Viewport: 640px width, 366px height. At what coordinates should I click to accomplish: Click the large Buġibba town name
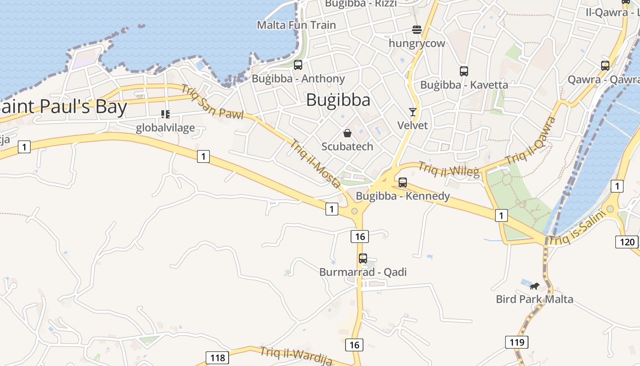coord(338,100)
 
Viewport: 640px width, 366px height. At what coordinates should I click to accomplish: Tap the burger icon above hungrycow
coord(417,30)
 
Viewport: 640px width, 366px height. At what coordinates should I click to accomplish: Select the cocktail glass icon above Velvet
coord(413,112)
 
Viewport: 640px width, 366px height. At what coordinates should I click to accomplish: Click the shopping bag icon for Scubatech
coord(347,133)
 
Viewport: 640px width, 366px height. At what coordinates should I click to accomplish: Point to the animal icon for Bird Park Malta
coord(534,286)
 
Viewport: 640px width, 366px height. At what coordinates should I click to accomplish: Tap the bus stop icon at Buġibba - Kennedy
coord(403,182)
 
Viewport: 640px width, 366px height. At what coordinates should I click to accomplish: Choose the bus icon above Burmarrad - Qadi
coord(363,258)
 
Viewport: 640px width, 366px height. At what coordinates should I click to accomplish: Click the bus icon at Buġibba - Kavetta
coord(464,71)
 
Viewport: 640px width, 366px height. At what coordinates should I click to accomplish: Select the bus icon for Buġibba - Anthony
coord(298,65)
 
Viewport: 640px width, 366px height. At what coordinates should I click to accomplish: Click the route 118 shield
coord(217,357)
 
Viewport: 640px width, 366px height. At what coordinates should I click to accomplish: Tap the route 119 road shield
coord(517,342)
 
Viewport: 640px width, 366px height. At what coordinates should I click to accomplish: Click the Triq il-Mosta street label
coord(315,163)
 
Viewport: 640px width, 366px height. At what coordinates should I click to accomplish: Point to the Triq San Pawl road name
coord(212,102)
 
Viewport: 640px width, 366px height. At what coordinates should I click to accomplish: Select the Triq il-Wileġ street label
coord(449,170)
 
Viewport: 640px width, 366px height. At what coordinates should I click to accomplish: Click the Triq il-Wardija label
coord(296,356)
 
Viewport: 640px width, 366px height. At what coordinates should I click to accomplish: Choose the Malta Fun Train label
coord(296,25)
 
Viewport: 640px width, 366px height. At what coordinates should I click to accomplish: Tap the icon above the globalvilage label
coord(165,114)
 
